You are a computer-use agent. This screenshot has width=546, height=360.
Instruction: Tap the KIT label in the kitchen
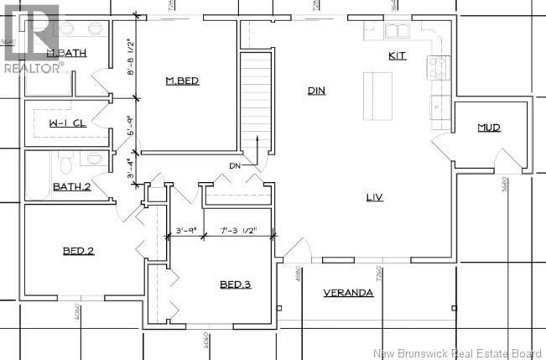(397, 56)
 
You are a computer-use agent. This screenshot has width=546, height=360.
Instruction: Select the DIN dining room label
(316, 91)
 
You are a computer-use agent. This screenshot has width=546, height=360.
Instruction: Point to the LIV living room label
(374, 198)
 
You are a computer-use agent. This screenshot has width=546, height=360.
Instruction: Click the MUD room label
(489, 128)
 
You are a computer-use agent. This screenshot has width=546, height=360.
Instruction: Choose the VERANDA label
(348, 293)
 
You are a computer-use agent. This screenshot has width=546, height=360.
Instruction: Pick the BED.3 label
(236, 284)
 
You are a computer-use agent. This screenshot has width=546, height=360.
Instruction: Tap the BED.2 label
(78, 251)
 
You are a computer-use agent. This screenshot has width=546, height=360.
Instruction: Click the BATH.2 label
(72, 186)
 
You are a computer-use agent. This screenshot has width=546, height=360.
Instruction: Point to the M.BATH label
(67, 54)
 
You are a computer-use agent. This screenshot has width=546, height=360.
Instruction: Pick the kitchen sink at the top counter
(395, 32)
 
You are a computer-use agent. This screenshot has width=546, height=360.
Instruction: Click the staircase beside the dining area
(257, 101)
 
